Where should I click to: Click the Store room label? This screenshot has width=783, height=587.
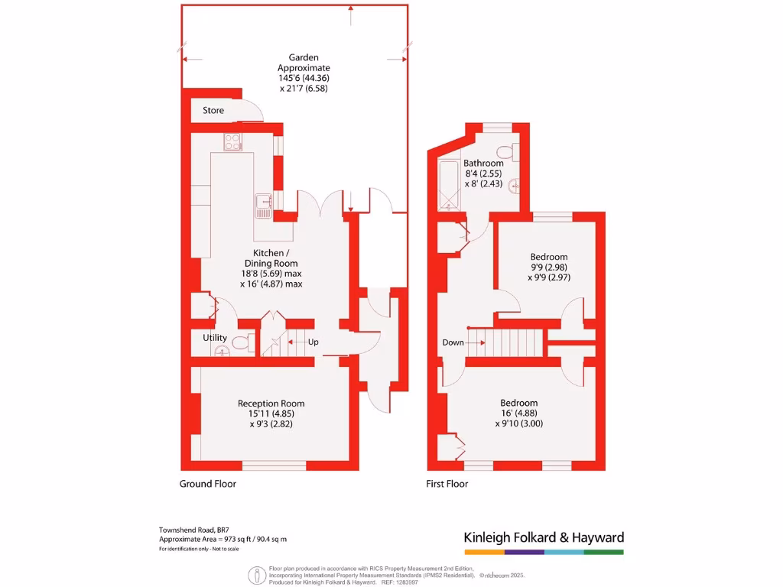[213, 111]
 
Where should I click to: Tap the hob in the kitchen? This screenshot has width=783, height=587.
[233, 141]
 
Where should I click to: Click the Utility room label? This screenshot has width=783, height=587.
[215, 337]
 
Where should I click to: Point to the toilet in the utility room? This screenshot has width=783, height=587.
[242, 343]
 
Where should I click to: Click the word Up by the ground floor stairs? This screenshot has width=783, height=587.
[313, 342]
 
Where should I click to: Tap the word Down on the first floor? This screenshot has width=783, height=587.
[453, 342]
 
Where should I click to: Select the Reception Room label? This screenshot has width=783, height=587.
[271, 404]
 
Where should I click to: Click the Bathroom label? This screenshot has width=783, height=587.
[483, 163]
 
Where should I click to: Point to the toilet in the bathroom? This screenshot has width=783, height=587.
[505, 151]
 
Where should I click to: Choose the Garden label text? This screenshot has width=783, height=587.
[304, 57]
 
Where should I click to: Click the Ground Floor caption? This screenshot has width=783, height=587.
[208, 484]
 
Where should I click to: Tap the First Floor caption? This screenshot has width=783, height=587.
[447, 484]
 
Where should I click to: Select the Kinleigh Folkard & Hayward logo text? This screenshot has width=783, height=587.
[544, 537]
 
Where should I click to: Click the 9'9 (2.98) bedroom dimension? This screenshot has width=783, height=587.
[549, 267]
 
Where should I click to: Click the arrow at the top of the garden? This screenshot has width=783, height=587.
[350, 9]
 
